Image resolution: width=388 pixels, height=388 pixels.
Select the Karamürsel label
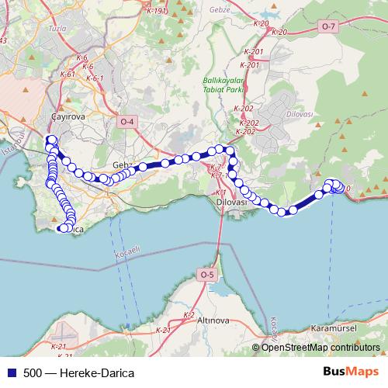tap(331, 328)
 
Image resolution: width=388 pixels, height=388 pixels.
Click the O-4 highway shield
tap(126, 122)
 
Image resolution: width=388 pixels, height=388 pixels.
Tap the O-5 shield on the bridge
tap(206, 275)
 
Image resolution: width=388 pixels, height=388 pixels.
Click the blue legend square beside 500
tap(10, 373)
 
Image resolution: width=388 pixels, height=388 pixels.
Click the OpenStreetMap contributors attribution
tap(320, 347)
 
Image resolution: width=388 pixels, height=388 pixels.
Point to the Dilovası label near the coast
tap(230, 202)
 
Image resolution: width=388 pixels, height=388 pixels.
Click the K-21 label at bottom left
tap(58, 346)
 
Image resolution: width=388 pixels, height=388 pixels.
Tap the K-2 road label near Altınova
tap(188, 314)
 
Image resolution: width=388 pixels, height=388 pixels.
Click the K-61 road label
tap(67, 74)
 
